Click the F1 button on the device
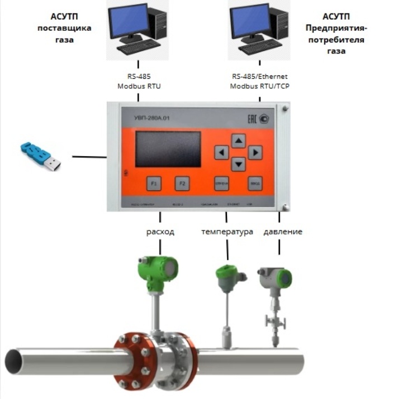point(154,184)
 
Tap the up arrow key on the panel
point(239,140)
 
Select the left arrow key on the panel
point(222,152)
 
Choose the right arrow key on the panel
point(255,152)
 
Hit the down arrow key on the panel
point(239,164)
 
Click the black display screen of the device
point(168,149)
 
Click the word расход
point(160,232)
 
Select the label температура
point(227,232)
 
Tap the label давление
point(283,232)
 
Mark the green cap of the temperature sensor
point(227,273)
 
